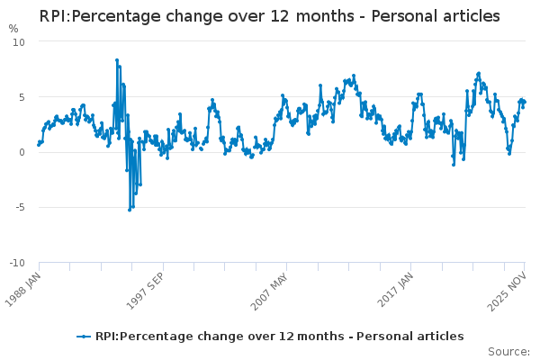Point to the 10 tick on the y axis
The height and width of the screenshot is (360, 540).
tap(19, 42)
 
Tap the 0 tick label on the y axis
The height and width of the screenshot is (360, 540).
tap(22, 152)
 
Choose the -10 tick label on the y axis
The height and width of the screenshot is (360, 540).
tap(17, 263)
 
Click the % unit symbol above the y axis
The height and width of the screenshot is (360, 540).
tap(13, 29)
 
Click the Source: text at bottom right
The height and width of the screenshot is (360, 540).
tap(508, 351)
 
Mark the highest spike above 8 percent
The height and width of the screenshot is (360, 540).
tap(117, 60)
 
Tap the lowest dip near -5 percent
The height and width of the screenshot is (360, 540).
tap(130, 210)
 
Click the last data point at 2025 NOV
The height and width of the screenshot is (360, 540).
tap(525, 102)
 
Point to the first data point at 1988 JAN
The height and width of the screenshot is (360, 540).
tap(39, 144)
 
